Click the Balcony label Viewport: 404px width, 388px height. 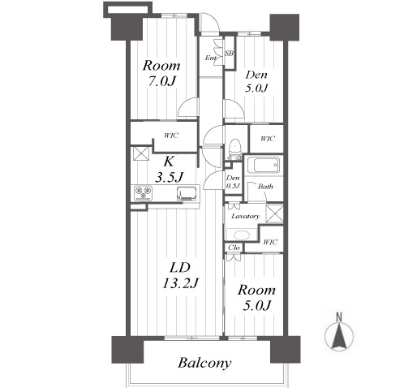204,363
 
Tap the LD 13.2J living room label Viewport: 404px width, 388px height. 180,276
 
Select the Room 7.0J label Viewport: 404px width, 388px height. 161,73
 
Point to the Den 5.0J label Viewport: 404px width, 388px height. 256,81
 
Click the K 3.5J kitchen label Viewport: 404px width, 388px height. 169,169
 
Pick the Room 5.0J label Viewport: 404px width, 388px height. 256,298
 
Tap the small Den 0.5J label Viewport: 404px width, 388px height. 233,182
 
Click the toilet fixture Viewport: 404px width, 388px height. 234,149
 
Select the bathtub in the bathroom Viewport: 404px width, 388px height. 265,165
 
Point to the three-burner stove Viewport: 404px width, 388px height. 144,193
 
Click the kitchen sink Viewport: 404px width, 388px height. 187,194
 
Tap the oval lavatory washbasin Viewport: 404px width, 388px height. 242,235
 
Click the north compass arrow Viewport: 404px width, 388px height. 339,335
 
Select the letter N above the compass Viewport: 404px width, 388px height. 339,317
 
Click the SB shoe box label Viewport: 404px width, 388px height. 229,54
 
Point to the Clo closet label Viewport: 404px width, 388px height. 234,248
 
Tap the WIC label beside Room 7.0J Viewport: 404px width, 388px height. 171,136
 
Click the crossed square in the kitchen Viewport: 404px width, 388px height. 141,153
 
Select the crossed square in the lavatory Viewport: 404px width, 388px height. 275,213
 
